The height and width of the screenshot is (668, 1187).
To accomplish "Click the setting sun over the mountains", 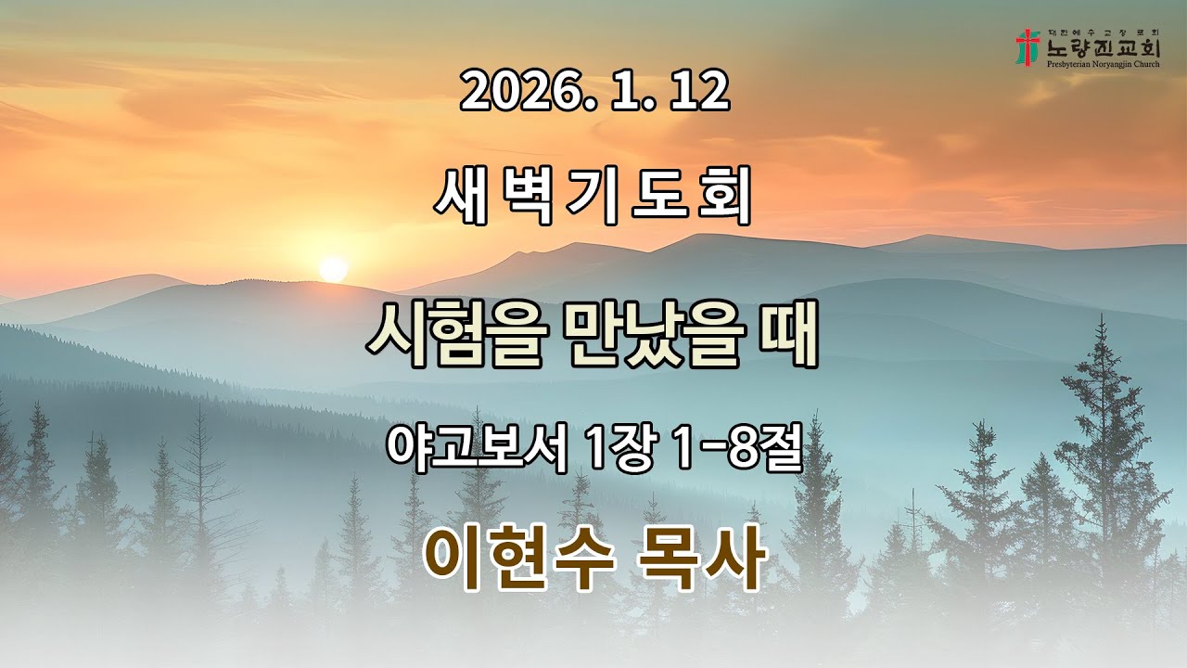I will [332, 269].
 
